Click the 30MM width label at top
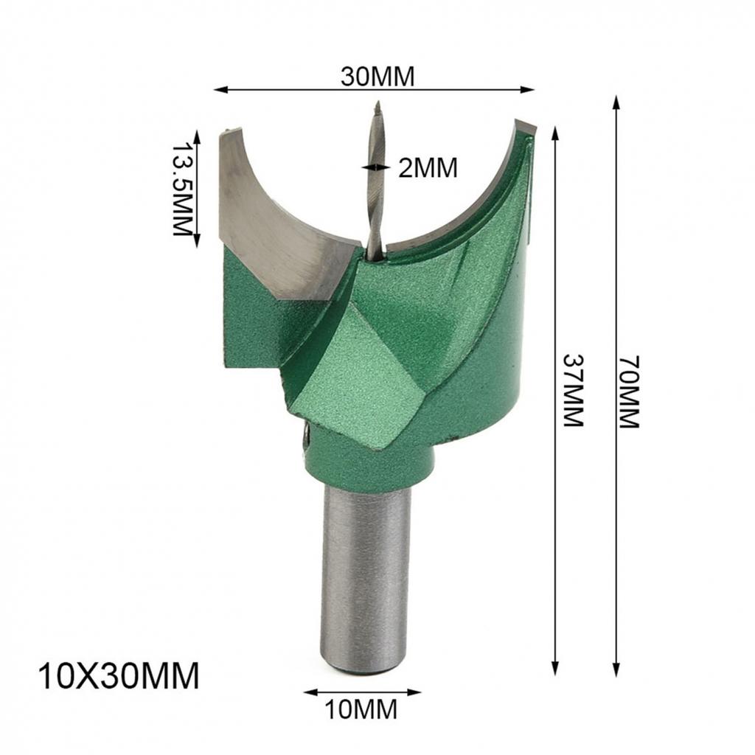(377, 76)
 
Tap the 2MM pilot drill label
(428, 168)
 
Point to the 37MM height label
(573, 390)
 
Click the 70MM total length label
(629, 392)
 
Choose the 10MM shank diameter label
(361, 710)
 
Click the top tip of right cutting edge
(525, 124)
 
